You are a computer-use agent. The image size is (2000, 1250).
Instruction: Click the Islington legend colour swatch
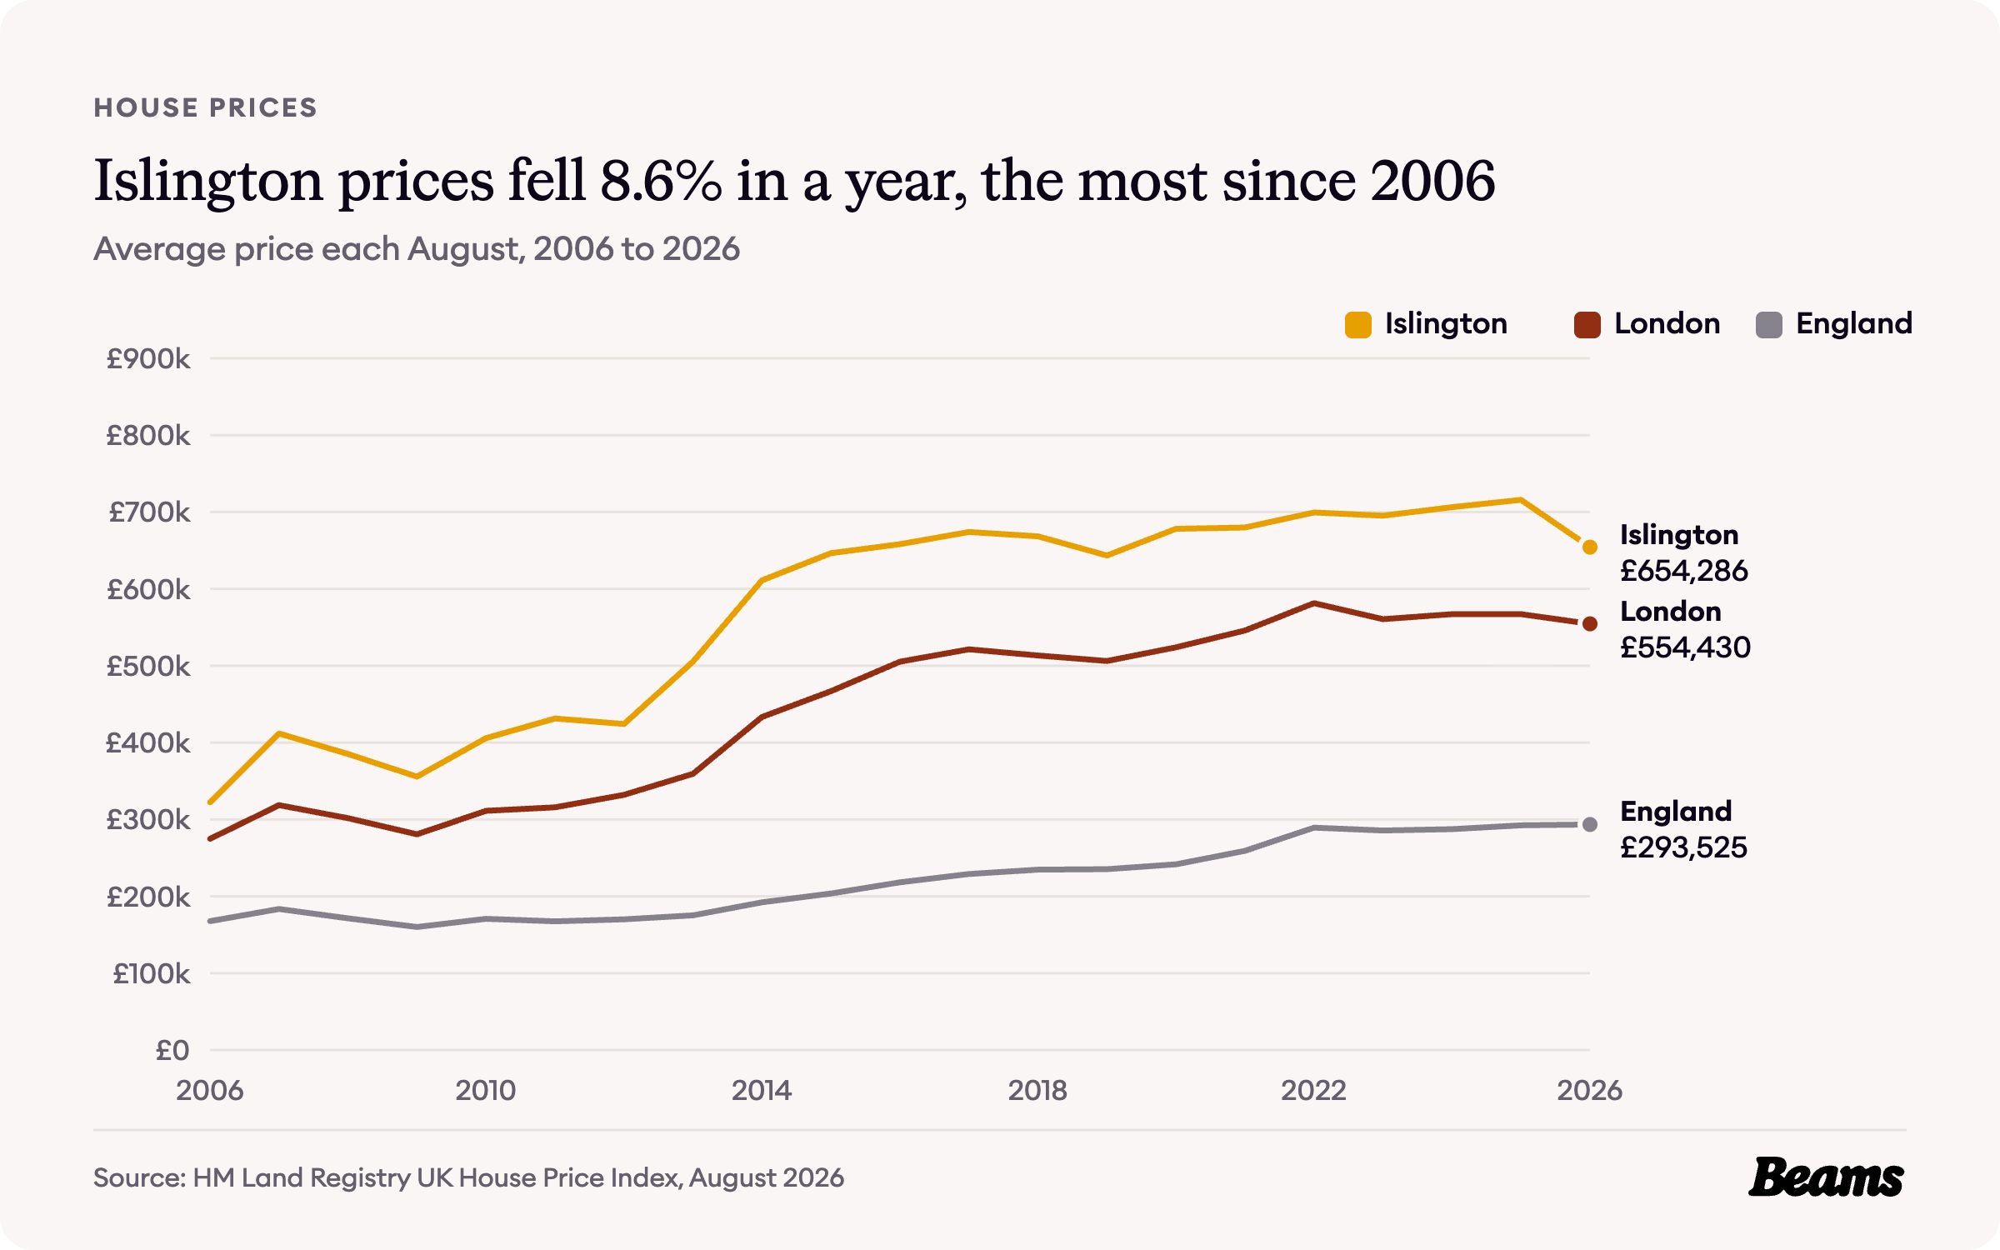[x=1357, y=324]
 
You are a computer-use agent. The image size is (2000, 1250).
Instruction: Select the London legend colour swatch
[x=1587, y=324]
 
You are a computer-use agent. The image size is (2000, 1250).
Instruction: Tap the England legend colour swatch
[x=1768, y=324]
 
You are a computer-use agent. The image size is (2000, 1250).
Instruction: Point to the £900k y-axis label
[x=148, y=359]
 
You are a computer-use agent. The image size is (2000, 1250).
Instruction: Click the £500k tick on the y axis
[x=148, y=667]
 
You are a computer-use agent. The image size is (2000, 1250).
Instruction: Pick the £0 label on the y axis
[x=172, y=1051]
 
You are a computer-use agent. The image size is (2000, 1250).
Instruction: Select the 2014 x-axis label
[x=762, y=1091]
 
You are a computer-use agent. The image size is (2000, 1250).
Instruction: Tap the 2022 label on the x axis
[x=1313, y=1091]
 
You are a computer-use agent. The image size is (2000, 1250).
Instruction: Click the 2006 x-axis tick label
[x=210, y=1091]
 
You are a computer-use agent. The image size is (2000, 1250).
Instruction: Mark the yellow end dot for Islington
[x=1590, y=547]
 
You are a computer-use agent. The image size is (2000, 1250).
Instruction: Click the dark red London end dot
[x=1590, y=623]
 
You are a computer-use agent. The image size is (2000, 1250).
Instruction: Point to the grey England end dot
[x=1590, y=824]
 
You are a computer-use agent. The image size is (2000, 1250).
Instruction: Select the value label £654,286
[x=1684, y=571]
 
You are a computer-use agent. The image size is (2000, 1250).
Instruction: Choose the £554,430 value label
[x=1685, y=647]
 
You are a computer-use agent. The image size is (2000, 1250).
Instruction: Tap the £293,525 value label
[x=1683, y=847]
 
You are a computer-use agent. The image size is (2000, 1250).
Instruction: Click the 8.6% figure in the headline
[x=660, y=181]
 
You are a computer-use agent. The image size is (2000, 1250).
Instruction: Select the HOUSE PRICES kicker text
[x=205, y=107]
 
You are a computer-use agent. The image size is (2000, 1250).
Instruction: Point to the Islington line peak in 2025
[x=1521, y=500]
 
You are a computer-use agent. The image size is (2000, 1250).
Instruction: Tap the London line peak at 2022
[x=1314, y=603]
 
